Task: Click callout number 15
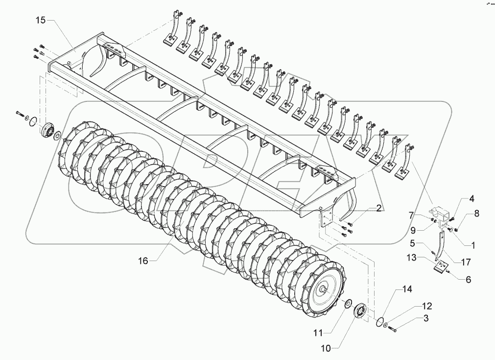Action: coord(40,21)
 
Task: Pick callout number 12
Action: coord(427,307)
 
